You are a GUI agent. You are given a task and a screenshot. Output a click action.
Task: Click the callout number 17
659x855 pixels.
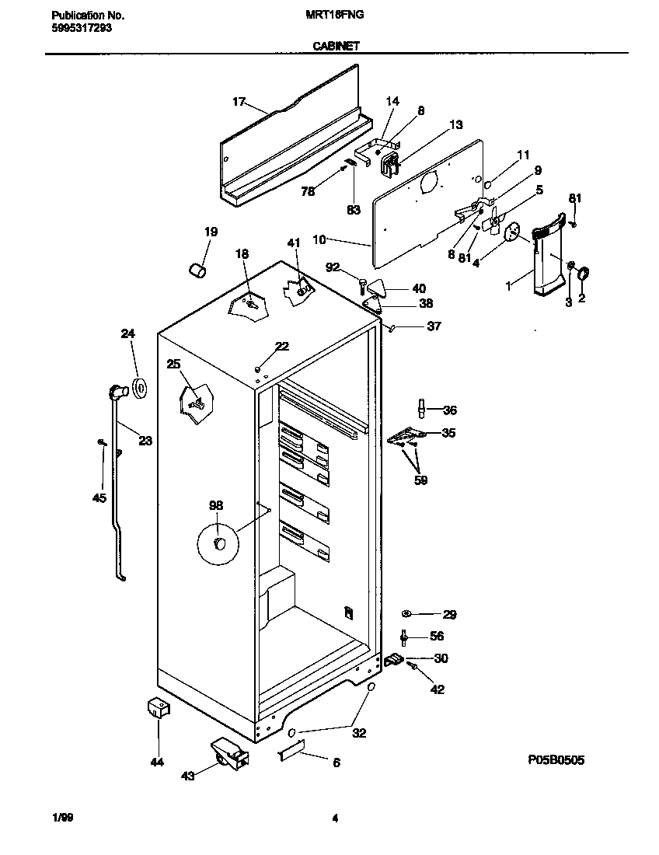239,102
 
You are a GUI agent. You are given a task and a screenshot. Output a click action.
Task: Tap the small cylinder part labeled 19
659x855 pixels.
199,270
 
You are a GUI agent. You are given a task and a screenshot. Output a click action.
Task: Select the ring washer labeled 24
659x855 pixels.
141,387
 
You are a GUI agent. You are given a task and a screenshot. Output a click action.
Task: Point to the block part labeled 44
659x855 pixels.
159,708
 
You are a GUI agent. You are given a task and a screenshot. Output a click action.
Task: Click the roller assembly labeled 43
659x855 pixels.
226,754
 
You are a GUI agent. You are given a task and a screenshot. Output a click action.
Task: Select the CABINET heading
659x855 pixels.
336,46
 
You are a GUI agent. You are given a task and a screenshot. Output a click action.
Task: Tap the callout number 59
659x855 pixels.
420,480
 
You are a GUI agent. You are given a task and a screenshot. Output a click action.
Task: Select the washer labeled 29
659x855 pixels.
408,614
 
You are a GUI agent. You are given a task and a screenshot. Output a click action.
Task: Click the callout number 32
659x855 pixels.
360,732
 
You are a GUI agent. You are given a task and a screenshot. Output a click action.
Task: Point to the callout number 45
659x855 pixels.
99,498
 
